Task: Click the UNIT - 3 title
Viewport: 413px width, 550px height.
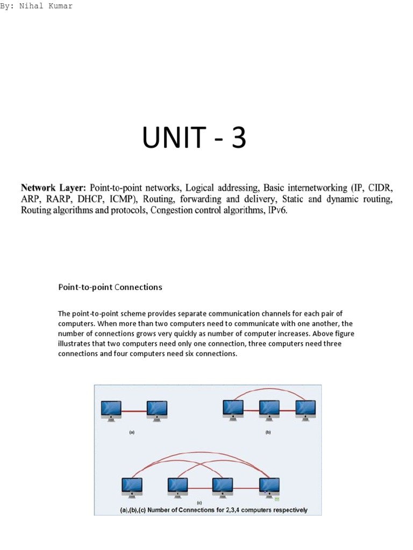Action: point(194,137)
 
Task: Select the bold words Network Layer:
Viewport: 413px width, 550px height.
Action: point(53,188)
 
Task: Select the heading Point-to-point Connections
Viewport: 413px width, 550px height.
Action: point(110,287)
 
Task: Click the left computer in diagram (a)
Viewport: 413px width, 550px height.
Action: point(111,410)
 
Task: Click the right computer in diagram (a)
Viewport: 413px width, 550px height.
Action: point(156,410)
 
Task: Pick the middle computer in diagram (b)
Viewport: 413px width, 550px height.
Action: point(269,410)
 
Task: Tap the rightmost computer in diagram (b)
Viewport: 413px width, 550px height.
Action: point(305,410)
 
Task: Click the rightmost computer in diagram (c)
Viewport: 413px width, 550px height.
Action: point(269,487)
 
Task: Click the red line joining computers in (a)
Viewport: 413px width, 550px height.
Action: point(134,411)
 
